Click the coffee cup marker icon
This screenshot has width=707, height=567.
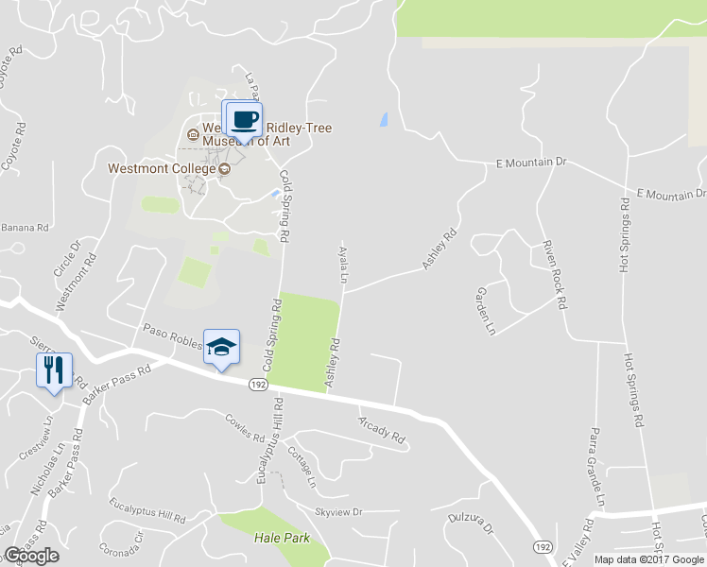(243, 120)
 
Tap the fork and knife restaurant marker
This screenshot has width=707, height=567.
(54, 369)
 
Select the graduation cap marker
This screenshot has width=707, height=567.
(221, 348)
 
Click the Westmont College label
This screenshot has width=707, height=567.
(162, 169)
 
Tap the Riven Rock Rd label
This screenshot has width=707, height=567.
(553, 275)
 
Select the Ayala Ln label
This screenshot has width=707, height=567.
(342, 264)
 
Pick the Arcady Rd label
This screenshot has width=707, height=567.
(381, 431)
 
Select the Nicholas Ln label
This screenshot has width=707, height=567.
(37, 471)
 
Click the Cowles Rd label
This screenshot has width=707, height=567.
(245, 426)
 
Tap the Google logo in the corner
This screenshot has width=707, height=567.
(31, 555)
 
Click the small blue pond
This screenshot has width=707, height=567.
(383, 120)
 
